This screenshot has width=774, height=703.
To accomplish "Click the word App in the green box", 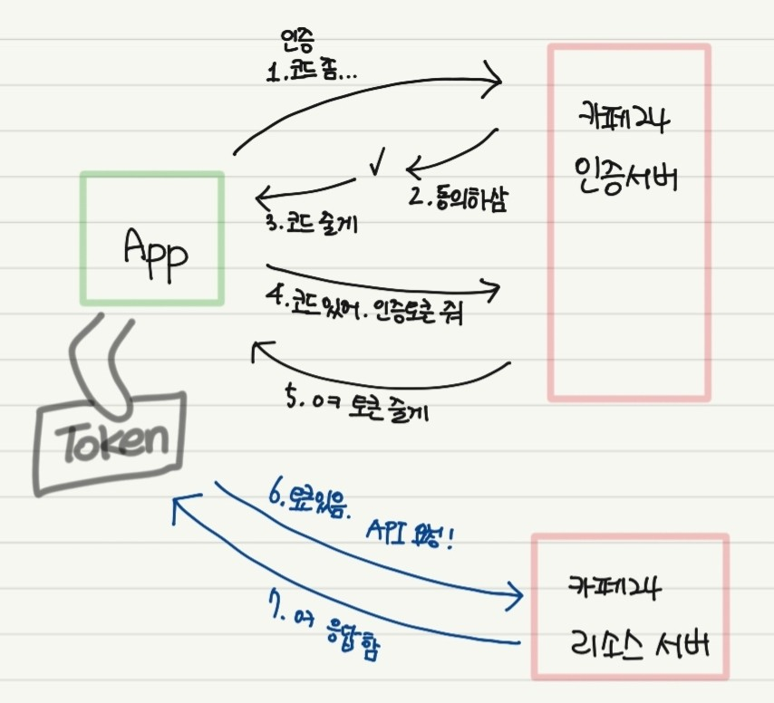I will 156,248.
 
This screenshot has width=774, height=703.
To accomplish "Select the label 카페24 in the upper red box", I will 626,118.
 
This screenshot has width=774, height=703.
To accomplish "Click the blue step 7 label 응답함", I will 348,631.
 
